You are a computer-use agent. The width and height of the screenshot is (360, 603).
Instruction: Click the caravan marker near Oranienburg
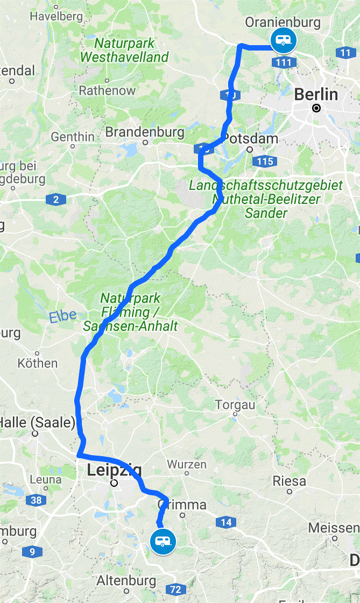click(283, 40)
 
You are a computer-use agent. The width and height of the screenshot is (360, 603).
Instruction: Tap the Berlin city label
click(316, 95)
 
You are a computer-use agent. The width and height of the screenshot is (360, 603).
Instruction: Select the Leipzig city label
click(114, 471)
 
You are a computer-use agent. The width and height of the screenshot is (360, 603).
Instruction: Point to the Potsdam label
click(251, 138)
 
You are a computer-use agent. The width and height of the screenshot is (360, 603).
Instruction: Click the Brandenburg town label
click(145, 132)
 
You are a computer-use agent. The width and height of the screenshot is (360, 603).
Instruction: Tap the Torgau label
click(235, 405)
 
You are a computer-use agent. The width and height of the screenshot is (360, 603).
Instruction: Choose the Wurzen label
click(187, 464)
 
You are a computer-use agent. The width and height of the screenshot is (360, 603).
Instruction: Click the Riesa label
click(290, 480)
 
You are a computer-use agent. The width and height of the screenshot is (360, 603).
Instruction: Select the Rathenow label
click(107, 90)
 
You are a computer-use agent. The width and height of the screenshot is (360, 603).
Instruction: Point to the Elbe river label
click(63, 316)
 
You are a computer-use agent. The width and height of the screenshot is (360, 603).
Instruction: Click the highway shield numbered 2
click(55, 200)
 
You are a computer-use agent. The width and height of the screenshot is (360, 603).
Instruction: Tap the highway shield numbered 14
click(226, 522)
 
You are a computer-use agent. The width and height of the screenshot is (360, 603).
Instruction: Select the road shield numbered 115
click(266, 161)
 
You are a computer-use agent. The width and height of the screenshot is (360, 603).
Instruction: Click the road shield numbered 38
click(36, 501)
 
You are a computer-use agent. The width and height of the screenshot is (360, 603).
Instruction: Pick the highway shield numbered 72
click(174, 590)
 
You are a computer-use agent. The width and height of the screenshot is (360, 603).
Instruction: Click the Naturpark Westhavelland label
click(124, 50)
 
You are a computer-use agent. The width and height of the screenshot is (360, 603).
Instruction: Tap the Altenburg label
click(126, 581)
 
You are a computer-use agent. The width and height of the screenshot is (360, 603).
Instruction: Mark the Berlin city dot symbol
click(316, 108)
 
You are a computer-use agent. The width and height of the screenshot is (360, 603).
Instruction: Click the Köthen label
click(38, 363)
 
